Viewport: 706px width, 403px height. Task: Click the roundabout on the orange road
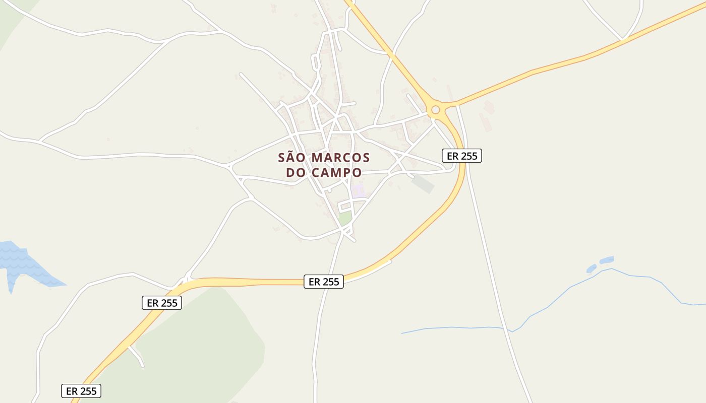click(x=435, y=109)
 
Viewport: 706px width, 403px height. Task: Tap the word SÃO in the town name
click(x=292, y=158)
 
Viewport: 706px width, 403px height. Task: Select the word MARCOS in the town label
click(x=340, y=158)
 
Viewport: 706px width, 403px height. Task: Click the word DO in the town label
click(x=296, y=172)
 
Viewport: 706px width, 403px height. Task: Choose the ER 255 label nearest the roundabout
click(x=462, y=156)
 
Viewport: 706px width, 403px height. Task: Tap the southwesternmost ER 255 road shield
click(x=81, y=391)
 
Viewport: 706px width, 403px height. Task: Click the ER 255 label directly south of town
click(x=324, y=282)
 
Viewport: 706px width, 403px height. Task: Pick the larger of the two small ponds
click(x=607, y=260)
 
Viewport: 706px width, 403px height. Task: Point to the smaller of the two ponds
click(x=591, y=268)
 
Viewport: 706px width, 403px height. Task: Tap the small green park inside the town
click(x=345, y=218)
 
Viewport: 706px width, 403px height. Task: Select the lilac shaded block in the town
click(x=358, y=190)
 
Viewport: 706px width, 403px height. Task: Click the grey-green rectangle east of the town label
click(x=423, y=183)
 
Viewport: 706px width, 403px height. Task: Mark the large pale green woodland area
click(x=202, y=343)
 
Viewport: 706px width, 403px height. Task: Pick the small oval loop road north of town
click(x=316, y=63)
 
